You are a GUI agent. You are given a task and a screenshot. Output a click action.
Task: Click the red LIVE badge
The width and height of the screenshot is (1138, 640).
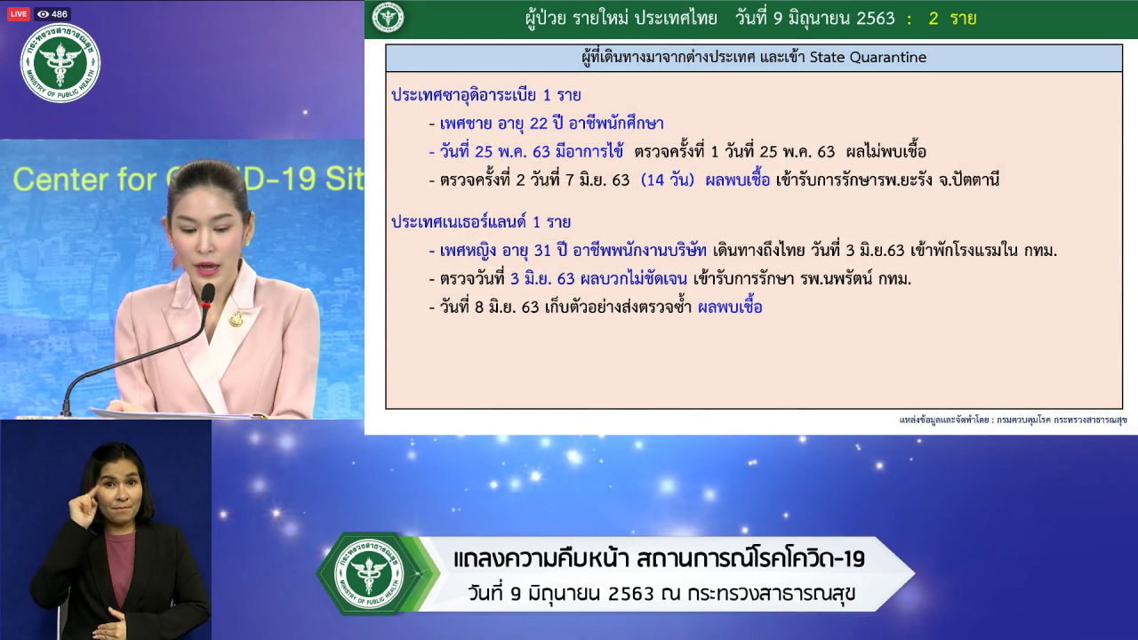[x=19, y=13]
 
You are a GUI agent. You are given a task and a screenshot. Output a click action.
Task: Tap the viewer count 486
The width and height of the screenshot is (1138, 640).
[x=60, y=14]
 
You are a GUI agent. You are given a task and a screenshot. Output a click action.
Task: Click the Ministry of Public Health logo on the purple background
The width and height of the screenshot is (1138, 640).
[x=60, y=63]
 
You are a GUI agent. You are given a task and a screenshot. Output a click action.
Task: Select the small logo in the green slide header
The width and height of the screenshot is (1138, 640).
[x=389, y=19]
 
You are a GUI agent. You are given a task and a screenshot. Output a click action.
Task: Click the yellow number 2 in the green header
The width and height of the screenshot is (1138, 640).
[x=934, y=19]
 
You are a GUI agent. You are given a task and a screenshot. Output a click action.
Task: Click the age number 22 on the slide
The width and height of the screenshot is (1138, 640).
[x=539, y=124]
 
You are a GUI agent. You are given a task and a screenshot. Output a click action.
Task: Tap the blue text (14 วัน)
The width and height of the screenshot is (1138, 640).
[x=668, y=180]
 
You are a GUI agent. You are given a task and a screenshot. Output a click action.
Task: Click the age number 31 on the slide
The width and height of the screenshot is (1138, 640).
[x=542, y=251]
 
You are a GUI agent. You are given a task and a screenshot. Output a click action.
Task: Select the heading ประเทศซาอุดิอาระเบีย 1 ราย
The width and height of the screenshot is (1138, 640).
[x=486, y=95]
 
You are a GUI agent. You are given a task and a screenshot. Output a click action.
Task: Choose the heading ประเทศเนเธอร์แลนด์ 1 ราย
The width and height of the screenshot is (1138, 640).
[x=481, y=222]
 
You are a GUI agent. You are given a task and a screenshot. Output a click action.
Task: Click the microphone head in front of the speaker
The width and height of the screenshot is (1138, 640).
[x=207, y=295]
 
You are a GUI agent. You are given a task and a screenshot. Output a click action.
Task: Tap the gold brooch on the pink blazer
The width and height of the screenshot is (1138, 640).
[x=236, y=318]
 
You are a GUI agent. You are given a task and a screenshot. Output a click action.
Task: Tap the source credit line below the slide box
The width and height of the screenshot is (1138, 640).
[x=1013, y=420]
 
